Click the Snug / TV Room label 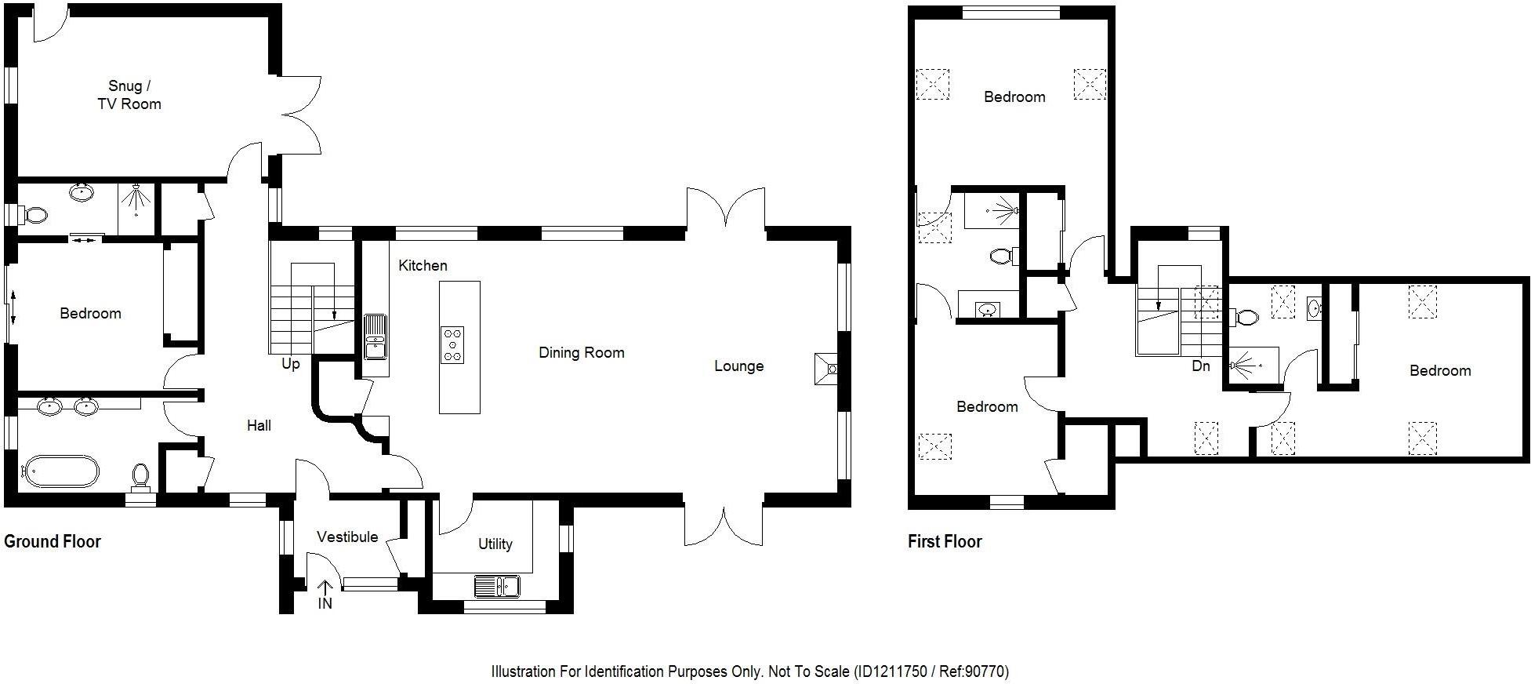click(x=129, y=95)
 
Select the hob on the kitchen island click(x=452, y=345)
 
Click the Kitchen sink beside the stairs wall click(x=375, y=336)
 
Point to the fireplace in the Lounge click(x=827, y=369)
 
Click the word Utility click(x=495, y=544)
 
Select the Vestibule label click(x=347, y=537)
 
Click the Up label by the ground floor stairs click(x=291, y=364)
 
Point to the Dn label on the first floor click(x=1200, y=366)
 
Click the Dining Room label click(x=581, y=353)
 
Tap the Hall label click(x=259, y=425)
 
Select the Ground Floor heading click(x=53, y=541)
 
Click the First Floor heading click(x=945, y=541)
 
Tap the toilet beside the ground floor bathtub click(x=141, y=475)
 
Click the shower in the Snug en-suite click(x=137, y=200)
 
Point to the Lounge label click(x=738, y=366)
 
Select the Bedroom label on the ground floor click(x=90, y=314)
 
